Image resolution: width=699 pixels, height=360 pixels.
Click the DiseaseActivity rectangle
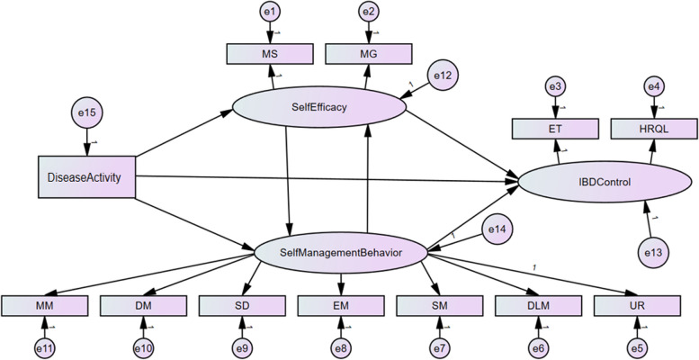coord(86,176)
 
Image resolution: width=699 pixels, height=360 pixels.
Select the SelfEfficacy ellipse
coord(319,107)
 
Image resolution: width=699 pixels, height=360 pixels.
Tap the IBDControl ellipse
coord(605,182)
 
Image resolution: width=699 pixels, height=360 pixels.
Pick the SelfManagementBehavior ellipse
coord(341,253)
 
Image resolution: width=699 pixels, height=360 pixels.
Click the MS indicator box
coord(269,54)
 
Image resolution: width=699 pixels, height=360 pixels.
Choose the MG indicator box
coord(368,54)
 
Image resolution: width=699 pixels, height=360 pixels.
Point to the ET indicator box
coord(554,129)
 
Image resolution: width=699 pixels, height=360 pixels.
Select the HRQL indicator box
coord(653,129)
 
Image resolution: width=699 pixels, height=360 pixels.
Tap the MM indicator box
coord(44,306)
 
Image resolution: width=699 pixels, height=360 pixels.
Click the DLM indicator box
coord(538,306)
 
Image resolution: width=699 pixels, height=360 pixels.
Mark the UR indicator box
coord(637,306)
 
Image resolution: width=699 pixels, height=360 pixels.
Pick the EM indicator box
coord(341,306)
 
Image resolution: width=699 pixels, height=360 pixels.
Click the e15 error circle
coord(87,112)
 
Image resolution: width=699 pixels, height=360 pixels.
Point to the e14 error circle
coord(497,229)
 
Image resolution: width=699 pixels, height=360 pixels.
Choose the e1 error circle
coord(270,12)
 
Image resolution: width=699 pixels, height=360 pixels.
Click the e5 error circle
coord(638,347)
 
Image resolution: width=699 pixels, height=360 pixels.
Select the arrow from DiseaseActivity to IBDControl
coord(327,179)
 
